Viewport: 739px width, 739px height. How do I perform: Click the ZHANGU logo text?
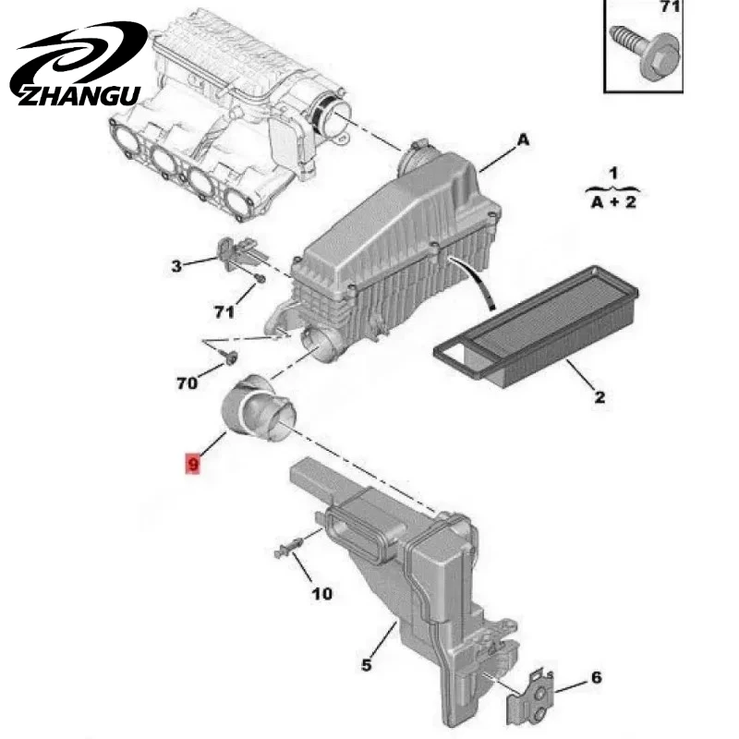[79, 96]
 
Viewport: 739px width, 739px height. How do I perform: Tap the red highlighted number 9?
[193, 464]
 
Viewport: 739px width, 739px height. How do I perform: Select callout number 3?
[176, 266]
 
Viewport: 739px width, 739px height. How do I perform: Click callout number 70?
[187, 383]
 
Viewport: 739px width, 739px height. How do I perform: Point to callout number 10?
[321, 594]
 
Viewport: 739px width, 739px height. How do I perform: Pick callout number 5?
[366, 665]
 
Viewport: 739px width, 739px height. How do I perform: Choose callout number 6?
[596, 677]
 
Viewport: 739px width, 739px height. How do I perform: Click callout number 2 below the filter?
[599, 397]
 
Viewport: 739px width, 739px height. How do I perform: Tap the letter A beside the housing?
[523, 140]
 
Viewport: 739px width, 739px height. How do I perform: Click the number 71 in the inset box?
[670, 6]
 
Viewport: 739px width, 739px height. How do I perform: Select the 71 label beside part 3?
[224, 312]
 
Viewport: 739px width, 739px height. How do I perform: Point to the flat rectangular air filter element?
[536, 327]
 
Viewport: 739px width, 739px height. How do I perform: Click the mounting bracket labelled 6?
[529, 698]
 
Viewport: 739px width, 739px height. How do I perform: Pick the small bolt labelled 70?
[231, 359]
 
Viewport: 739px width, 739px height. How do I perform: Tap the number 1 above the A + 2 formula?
[612, 173]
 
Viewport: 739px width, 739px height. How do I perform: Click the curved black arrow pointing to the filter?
[476, 281]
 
